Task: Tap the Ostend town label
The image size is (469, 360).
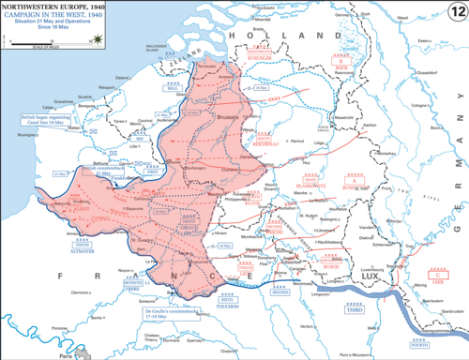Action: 122,78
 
